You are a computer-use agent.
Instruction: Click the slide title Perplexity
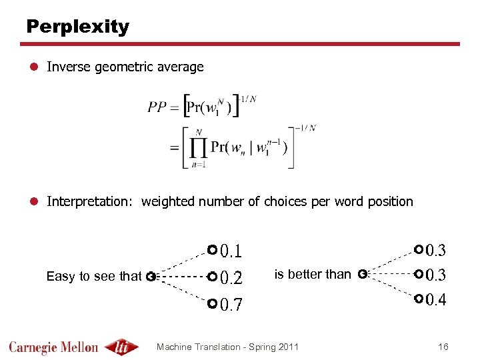(x=77, y=27)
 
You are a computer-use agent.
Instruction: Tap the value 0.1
(x=231, y=251)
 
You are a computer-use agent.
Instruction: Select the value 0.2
(x=231, y=277)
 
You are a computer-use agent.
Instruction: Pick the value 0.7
(x=231, y=305)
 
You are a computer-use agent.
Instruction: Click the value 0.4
(x=436, y=299)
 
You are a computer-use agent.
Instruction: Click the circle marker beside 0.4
(x=417, y=299)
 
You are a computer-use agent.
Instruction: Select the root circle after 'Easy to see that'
(x=151, y=275)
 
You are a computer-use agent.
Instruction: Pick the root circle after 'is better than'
(x=361, y=273)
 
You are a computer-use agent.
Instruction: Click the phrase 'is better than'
(x=313, y=274)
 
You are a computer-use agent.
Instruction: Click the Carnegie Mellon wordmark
(x=53, y=347)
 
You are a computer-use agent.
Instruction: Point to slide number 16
(x=443, y=347)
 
